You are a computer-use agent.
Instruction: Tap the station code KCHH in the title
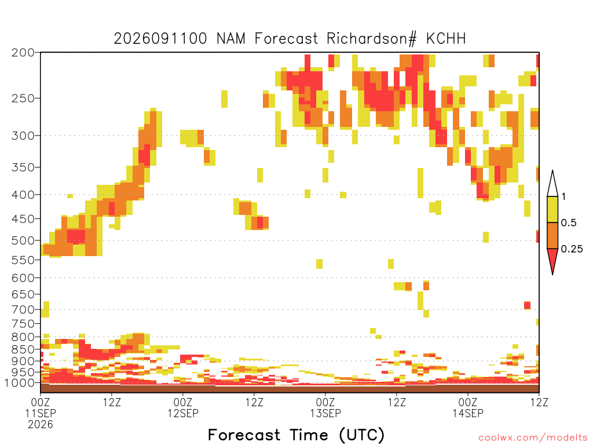[446, 39]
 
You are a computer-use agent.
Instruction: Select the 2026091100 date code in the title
[160, 39]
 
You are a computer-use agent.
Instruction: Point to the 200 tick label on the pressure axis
[23, 53]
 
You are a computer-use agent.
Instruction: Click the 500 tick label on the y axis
[23, 240]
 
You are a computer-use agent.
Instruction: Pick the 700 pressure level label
[23, 310]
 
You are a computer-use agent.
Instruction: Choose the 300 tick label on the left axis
[23, 136]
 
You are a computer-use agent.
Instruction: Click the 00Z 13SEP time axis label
[325, 407]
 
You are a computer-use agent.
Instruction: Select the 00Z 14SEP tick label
[468, 407]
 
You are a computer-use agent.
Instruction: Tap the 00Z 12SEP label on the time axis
[183, 407]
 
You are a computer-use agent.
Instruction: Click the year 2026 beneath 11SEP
[41, 425]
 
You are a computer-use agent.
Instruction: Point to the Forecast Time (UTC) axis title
[296, 435]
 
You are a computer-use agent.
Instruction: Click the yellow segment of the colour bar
[552, 209]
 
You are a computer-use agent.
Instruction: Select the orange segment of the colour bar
[552, 235]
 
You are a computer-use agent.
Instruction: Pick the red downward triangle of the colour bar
[552, 259]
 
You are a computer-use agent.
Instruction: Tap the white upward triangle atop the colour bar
[552, 186]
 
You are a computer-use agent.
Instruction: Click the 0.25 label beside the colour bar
[572, 249]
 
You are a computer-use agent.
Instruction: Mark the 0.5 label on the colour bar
[569, 223]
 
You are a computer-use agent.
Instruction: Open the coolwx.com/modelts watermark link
[533, 438]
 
